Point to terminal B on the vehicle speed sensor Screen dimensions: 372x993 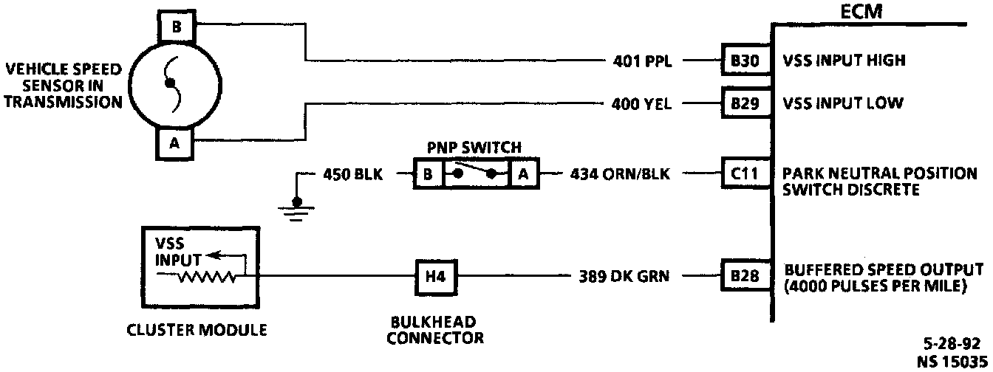[175, 27]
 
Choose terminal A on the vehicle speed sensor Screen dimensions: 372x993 [174, 144]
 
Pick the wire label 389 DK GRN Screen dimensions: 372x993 [624, 278]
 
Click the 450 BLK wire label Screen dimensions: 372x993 [353, 176]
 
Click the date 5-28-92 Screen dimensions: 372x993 [954, 344]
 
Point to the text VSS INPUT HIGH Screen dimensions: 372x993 [844, 61]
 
